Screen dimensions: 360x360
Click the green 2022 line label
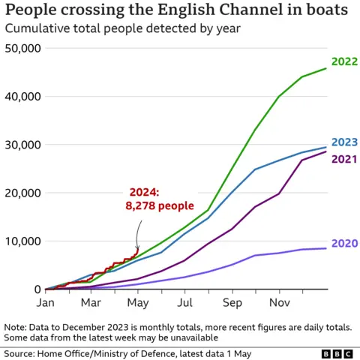344,62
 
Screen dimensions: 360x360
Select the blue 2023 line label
344,142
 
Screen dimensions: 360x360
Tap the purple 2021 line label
344,159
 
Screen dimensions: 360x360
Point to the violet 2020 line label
344,244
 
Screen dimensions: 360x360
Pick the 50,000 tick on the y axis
22,48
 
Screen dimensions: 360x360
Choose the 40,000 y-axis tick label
22,97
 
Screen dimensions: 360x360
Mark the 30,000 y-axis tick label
22,145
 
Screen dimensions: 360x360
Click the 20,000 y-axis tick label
22,193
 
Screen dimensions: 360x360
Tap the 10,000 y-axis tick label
22,241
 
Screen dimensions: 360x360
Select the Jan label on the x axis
46,304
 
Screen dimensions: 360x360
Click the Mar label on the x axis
91,304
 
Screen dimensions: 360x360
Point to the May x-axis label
138,304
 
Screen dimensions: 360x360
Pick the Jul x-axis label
184,304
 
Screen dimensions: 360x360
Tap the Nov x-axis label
278,304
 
